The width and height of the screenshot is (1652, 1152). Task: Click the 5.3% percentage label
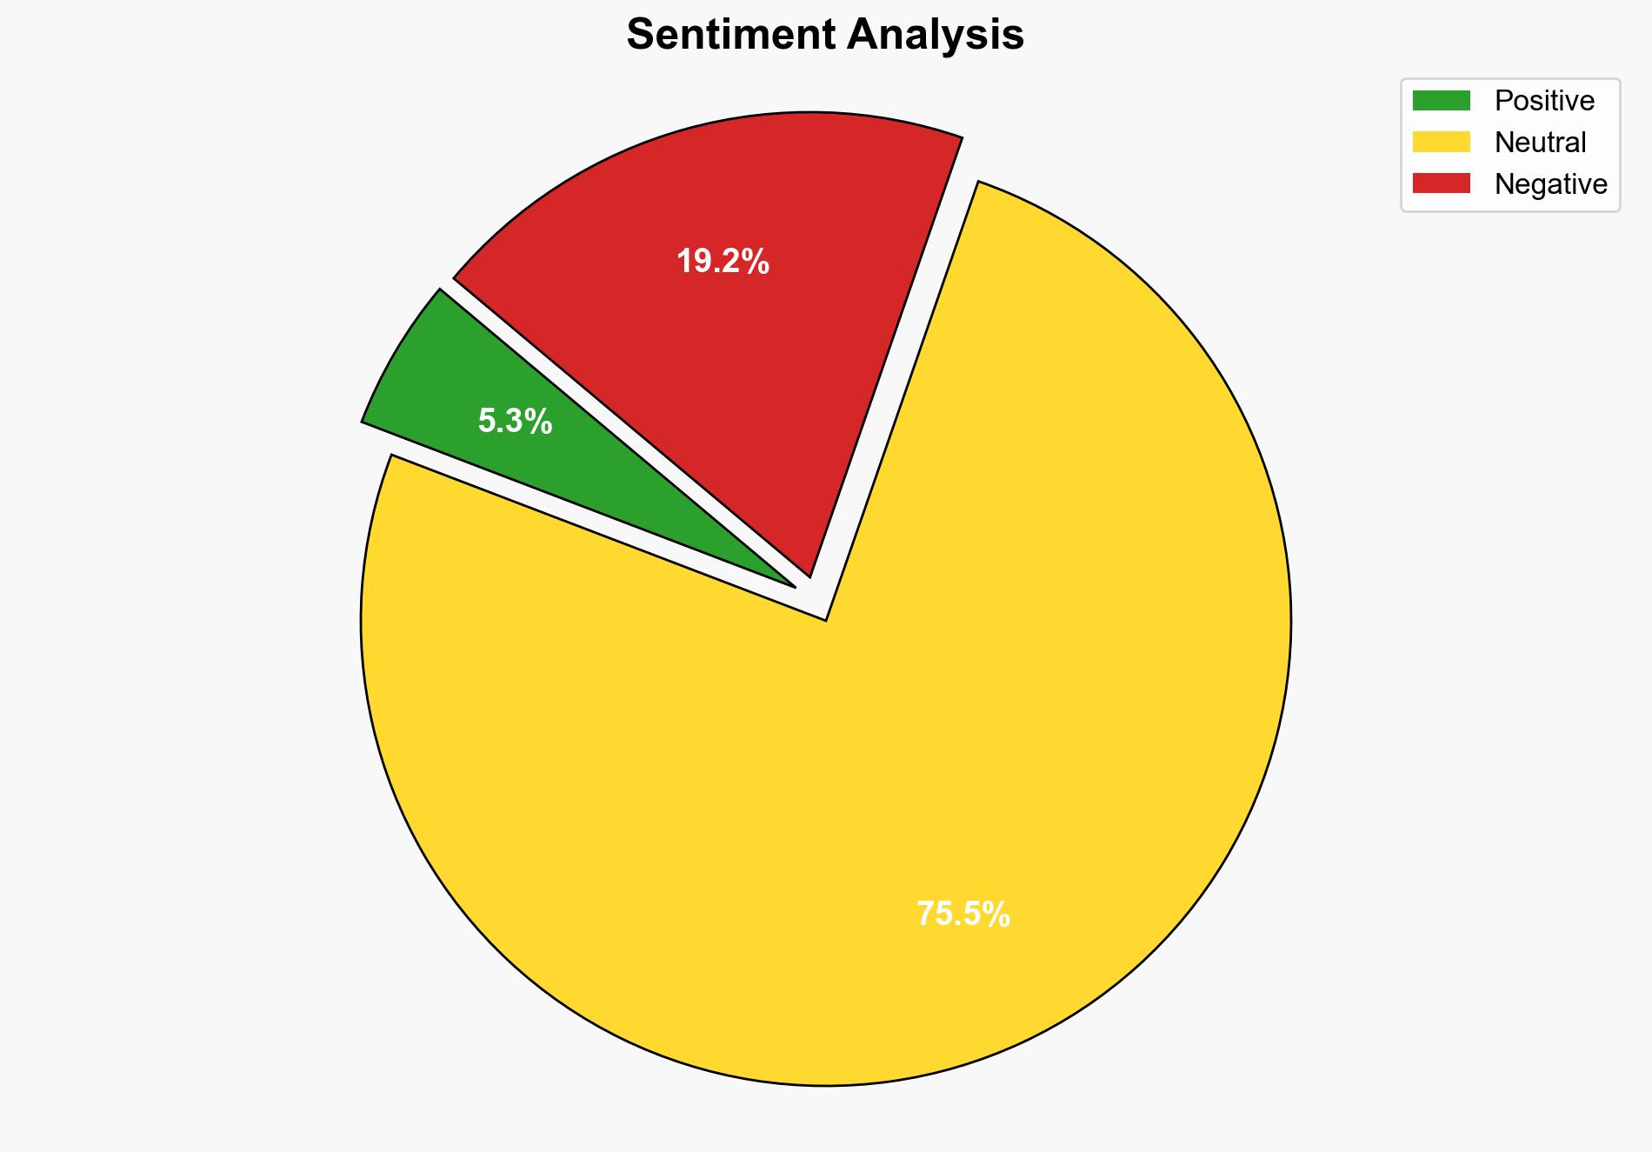515,422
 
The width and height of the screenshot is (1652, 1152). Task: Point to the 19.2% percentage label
723,261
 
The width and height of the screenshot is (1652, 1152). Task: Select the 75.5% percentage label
963,914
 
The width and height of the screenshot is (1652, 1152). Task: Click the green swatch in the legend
1441,101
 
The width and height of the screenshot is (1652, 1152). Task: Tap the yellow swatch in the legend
1441,142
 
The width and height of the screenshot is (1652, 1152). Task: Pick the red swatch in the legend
1441,183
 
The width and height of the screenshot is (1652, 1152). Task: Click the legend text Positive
1544,101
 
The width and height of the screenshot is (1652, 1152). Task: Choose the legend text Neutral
1540,142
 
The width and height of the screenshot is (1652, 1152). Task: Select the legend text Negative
1550,183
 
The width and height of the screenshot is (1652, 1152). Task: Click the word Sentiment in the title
730,35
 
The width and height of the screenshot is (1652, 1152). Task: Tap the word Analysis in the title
936,35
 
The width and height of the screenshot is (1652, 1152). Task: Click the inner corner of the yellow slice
825,619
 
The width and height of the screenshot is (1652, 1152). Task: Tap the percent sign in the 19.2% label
756,261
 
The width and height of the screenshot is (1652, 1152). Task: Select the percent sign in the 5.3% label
539,422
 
